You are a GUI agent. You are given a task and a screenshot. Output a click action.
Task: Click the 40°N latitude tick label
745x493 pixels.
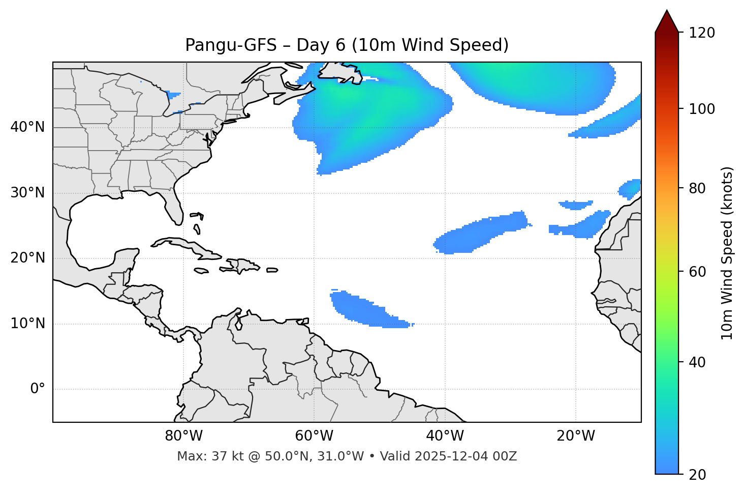pos(27,127)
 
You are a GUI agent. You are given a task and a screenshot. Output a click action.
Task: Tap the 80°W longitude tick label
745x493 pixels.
pos(183,436)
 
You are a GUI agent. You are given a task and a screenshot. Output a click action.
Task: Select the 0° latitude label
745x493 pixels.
pos(38,389)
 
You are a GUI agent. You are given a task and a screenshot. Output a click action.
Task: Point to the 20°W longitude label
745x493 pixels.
pos(576,436)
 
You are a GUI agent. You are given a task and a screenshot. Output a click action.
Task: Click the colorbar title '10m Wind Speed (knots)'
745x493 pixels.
pos(727,253)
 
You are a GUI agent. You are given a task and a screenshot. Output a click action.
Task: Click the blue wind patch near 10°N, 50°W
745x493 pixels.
pos(366,309)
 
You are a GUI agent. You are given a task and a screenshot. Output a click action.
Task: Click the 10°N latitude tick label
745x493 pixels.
pos(27,324)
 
